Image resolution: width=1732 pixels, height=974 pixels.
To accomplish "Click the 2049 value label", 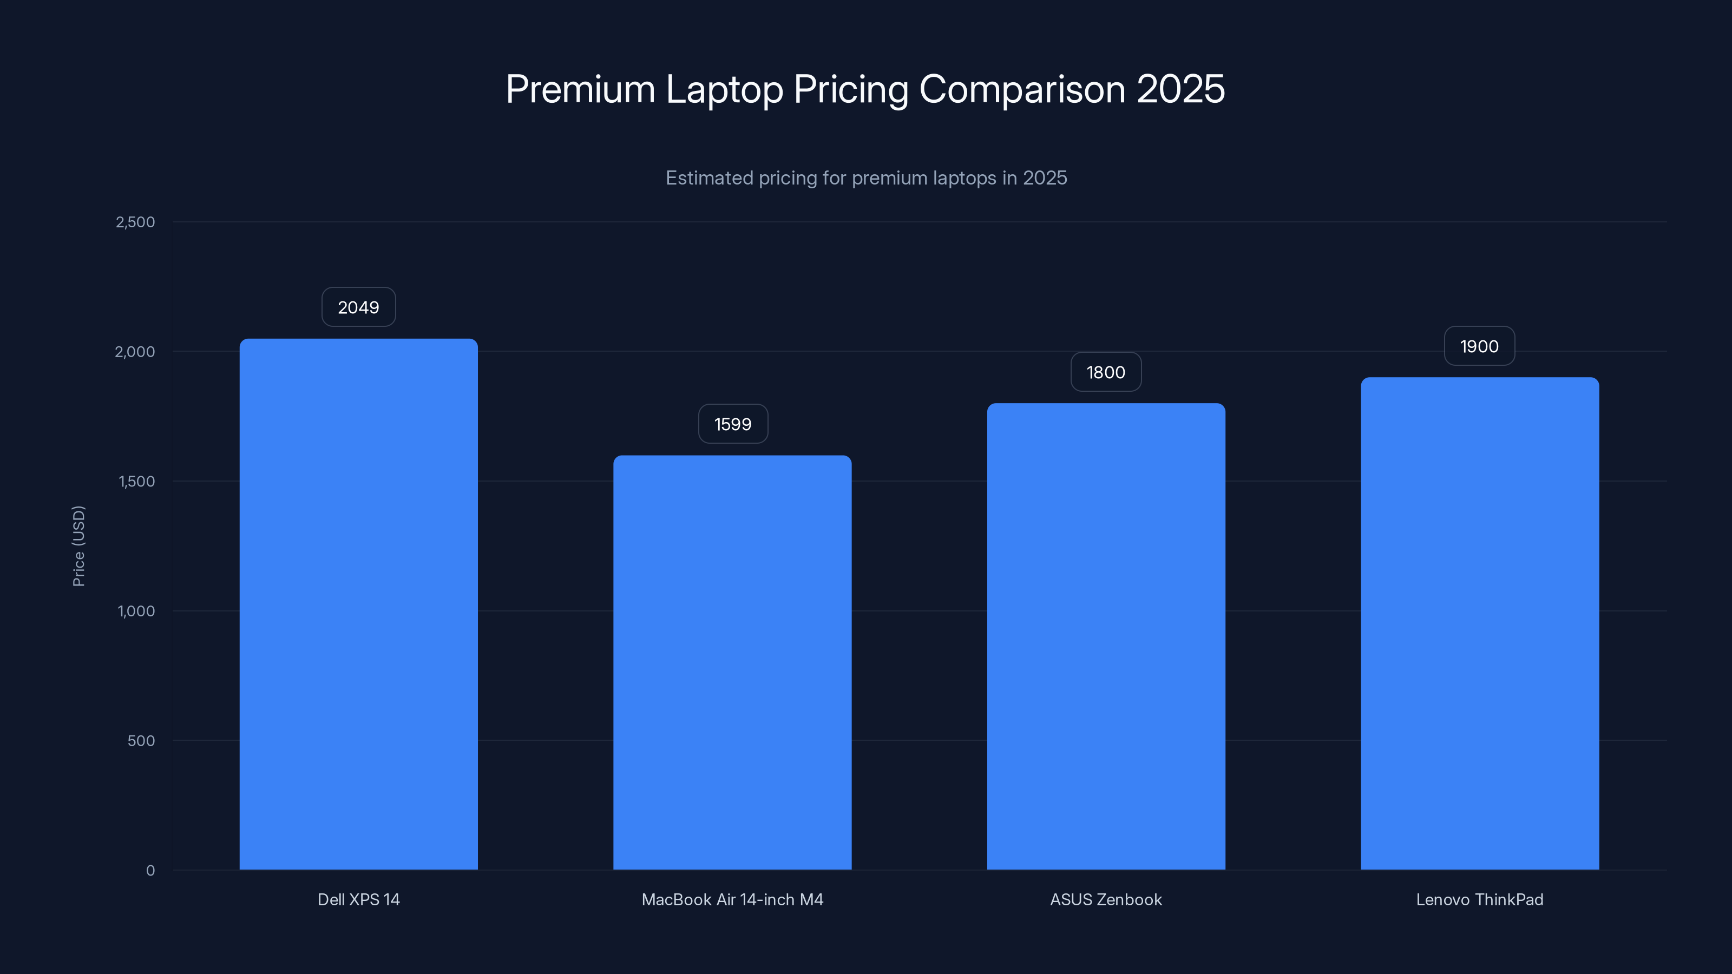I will pos(358,307).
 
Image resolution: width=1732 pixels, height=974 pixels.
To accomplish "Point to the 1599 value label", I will pos(733,424).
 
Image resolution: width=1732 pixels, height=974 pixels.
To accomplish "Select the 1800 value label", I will pos(1106,372).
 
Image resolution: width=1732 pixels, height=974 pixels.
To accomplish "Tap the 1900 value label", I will pos(1479,346).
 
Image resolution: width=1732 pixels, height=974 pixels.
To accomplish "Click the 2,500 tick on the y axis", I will pos(135,222).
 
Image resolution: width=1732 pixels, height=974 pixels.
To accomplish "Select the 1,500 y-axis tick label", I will pos(136,481).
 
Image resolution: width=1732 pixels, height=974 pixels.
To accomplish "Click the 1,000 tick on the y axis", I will pos(136,611).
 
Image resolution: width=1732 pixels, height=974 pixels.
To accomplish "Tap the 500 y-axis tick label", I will pos(141,741).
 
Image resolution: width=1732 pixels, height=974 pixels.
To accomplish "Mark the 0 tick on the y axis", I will pos(150,871).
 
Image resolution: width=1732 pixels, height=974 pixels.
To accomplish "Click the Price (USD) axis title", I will pos(78,546).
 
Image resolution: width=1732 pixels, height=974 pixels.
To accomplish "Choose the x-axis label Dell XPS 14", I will pos(358,899).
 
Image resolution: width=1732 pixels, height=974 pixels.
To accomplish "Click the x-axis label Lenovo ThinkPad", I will pos(1479,899).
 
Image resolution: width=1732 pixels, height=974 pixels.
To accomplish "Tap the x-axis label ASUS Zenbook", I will pos(1106,899).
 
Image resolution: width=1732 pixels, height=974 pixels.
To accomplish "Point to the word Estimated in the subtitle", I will pos(708,177).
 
